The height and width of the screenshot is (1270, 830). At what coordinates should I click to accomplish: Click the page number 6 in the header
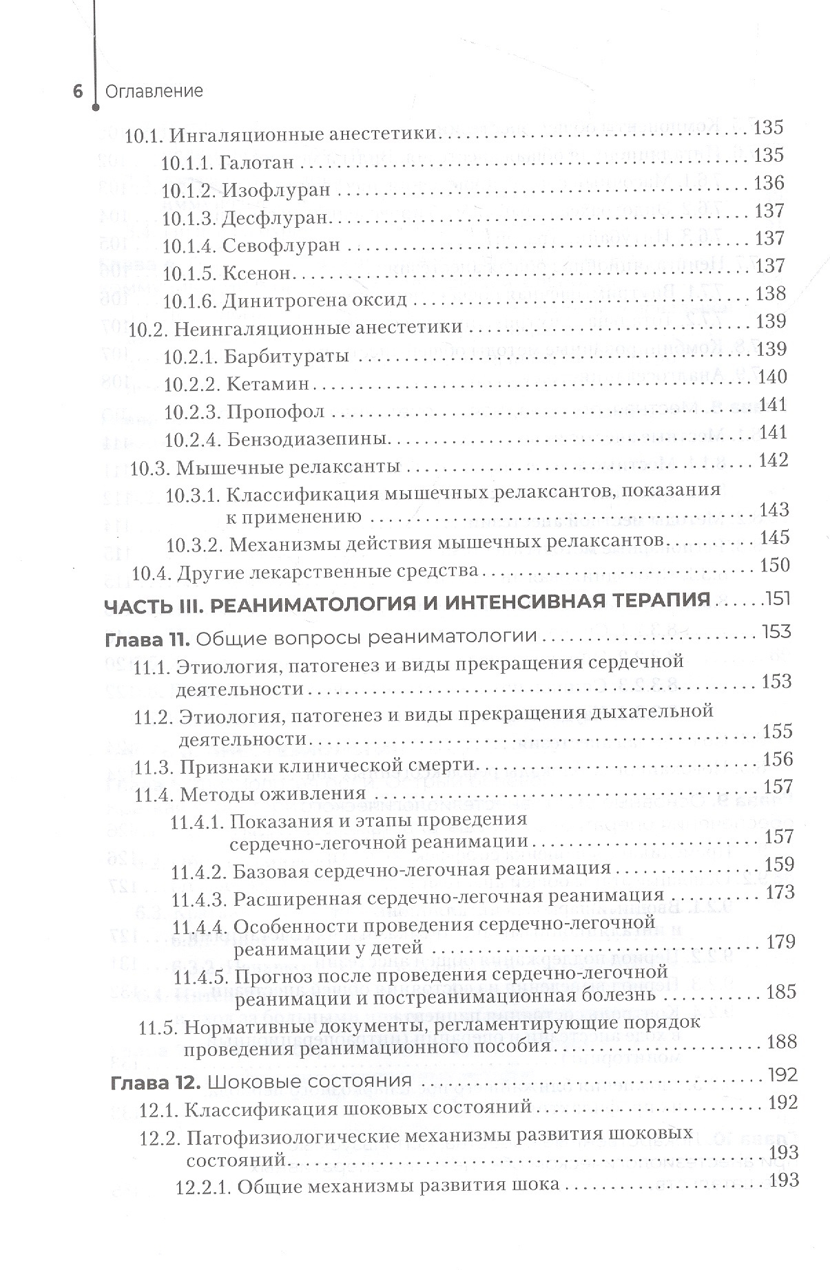pos(78,92)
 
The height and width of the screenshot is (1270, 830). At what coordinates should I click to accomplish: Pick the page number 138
pos(771,294)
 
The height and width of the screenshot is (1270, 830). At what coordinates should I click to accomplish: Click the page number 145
pos(774,537)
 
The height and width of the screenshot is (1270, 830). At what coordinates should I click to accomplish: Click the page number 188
pos(781,1041)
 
